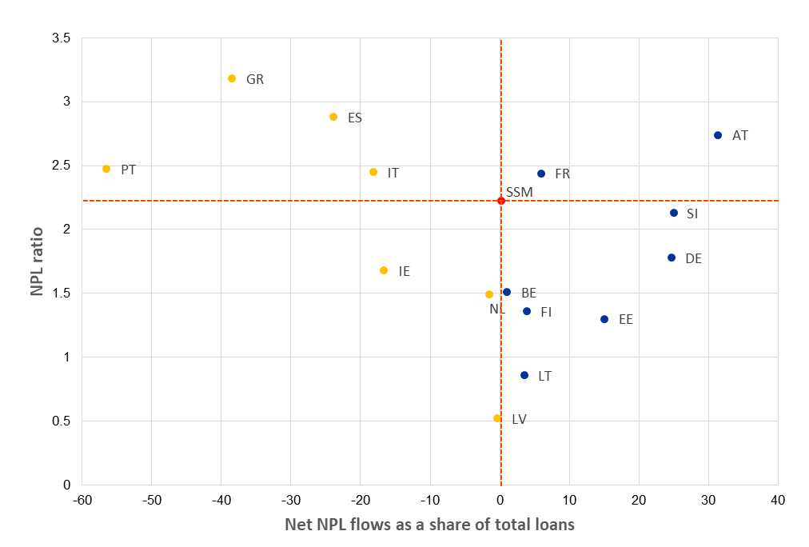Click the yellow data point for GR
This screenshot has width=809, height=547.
point(232,78)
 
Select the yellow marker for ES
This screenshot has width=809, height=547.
point(333,117)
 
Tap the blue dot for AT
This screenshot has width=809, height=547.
point(718,135)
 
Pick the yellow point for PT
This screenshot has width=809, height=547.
point(106,169)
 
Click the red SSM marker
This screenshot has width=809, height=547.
point(501,201)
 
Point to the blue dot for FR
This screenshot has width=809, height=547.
point(541,174)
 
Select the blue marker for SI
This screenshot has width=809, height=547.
point(674,213)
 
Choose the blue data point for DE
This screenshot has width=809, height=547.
point(672,258)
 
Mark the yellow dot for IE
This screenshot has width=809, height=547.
point(384,270)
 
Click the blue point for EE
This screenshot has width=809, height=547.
point(604,319)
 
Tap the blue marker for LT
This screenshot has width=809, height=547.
point(524,375)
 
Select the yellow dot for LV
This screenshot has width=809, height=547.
point(497,418)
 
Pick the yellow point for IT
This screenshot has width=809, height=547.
point(373,172)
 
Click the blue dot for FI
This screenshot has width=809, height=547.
point(527,311)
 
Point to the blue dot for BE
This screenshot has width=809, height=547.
point(507,292)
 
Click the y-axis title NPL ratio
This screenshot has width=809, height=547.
point(37,262)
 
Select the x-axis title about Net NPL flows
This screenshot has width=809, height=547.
point(430,525)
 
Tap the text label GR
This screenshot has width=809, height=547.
point(255,79)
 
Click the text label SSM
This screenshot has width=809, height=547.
point(519,192)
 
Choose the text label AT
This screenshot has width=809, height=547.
point(740,136)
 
